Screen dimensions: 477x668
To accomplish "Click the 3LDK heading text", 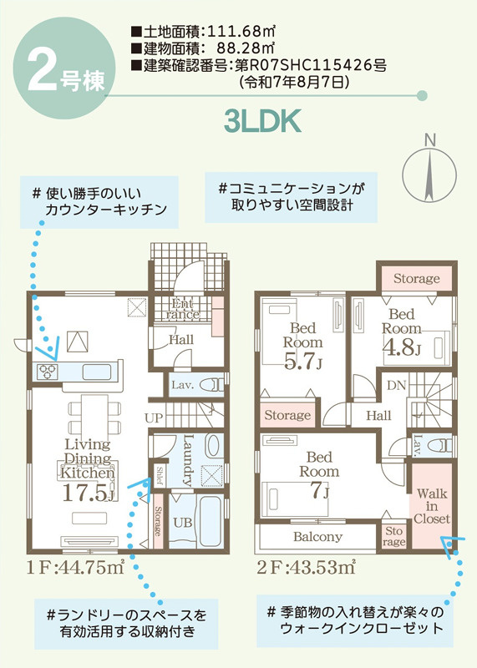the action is pos(262,121).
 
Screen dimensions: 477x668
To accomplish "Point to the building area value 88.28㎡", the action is pos(245,48).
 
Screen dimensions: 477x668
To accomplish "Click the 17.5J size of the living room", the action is pos(89,493).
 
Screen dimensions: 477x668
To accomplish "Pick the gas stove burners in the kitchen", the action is pos(47,372).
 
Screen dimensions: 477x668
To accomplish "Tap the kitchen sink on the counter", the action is pos(97,372).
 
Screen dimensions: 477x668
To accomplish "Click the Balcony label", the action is pos(317,537).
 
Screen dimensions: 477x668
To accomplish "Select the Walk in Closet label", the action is pos(432,506).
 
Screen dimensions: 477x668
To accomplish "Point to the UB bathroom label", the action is pos(183,523).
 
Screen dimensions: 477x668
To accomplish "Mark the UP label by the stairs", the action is pos(154,418).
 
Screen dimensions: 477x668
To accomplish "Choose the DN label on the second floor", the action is pos(397,386).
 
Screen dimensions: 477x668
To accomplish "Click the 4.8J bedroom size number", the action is pos(401,347).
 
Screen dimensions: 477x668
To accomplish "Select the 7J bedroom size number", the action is pos(319,490).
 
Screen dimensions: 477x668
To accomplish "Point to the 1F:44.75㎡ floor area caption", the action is pos(75,568).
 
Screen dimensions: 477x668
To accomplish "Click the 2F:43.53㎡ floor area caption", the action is pos(306,568).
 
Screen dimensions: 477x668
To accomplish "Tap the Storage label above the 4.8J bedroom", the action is pos(417,279).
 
